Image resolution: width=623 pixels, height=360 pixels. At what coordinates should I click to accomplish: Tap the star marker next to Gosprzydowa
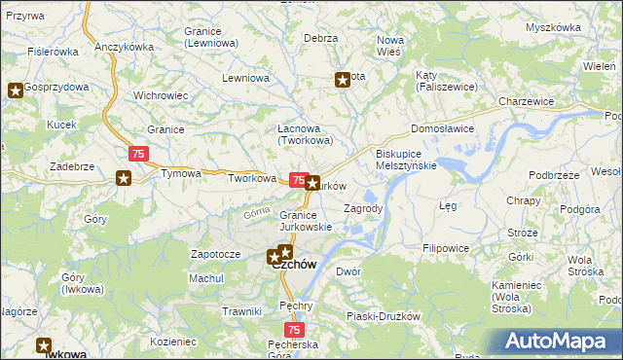pyautogui.click(x=16, y=91)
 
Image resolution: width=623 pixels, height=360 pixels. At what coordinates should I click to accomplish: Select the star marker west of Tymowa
pyautogui.click(x=124, y=177)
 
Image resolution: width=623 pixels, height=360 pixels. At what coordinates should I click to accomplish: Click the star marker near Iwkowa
pyautogui.click(x=44, y=344)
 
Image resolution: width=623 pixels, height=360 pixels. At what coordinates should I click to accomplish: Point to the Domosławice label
pyautogui.click(x=443, y=127)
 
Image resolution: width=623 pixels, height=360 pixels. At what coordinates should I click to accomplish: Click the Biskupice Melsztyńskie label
pyautogui.click(x=406, y=160)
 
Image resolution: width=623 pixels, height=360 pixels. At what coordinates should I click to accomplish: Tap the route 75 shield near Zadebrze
pyautogui.click(x=138, y=154)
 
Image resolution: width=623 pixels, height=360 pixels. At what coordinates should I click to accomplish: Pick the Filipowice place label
pyautogui.click(x=446, y=248)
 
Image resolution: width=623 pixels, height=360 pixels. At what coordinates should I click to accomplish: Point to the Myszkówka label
pyautogui.click(x=552, y=27)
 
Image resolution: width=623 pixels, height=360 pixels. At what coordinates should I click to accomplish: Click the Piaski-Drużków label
pyautogui.click(x=383, y=316)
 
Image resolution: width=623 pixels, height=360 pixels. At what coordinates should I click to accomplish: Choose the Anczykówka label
pyautogui.click(x=125, y=47)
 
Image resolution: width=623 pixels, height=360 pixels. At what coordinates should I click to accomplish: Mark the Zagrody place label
pyautogui.click(x=364, y=208)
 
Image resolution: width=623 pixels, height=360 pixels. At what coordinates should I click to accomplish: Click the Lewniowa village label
pyautogui.click(x=244, y=77)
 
